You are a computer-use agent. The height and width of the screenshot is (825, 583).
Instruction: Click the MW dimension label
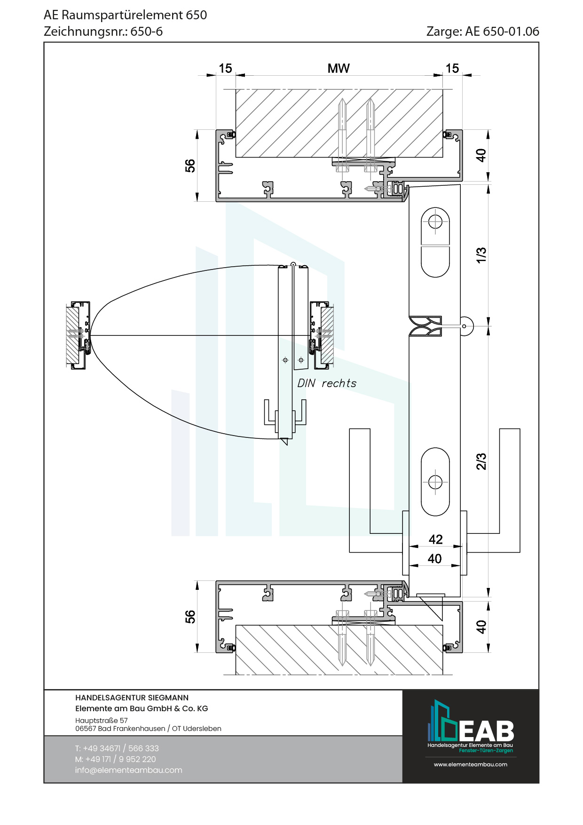(339, 69)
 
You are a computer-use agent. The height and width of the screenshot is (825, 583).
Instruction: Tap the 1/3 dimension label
(481, 255)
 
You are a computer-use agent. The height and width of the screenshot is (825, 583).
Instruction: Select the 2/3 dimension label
(481, 461)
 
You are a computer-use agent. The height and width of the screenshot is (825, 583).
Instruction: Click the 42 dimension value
(435, 539)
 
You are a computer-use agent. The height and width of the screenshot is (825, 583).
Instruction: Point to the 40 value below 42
(434, 559)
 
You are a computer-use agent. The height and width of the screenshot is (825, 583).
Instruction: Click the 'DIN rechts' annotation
(327, 383)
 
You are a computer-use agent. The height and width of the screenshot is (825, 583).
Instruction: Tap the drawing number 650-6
(147, 32)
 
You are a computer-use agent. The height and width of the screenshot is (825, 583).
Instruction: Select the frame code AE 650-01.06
(502, 32)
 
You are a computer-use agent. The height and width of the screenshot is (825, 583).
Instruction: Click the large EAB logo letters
(486, 731)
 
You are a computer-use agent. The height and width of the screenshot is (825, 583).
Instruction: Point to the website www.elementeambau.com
(470, 764)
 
